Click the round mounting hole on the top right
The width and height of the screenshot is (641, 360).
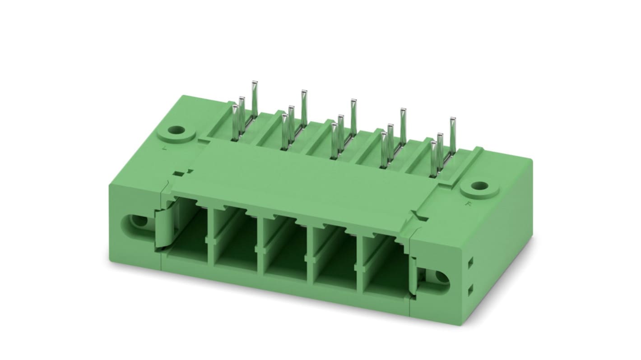pyautogui.click(x=480, y=186)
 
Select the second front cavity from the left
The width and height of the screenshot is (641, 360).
pyautogui.click(x=235, y=246)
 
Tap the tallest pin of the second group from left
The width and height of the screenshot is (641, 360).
pyautogui.click(x=304, y=106)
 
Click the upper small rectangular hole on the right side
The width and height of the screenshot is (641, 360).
pyautogui.click(x=470, y=262)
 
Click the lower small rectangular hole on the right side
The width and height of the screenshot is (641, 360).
pyautogui.click(x=470, y=288)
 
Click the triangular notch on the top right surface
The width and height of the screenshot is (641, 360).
pyautogui.click(x=422, y=218)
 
